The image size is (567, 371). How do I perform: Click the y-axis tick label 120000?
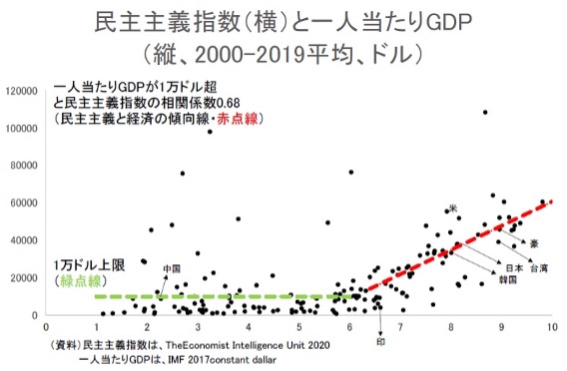pos(21,91)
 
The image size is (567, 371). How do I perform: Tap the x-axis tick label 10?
pos(552,327)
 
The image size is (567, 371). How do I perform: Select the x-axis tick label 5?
pos(299,327)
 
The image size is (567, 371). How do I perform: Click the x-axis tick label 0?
pos(46,327)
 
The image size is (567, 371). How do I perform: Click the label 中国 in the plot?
pos(172,268)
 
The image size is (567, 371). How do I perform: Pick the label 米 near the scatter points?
pos(453,208)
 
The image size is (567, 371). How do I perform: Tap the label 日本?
pos(514,268)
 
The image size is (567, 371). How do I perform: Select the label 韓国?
pos(508,279)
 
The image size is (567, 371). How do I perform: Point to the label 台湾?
pos(539,268)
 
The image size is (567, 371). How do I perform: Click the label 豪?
pos(534,243)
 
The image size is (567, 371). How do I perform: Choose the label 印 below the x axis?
pos(380,341)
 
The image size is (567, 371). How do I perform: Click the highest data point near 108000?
pos(485,113)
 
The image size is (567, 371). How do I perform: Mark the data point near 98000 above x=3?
pos(210,132)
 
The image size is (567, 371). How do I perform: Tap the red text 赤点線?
pos(238,119)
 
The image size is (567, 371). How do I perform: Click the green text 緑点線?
pos(80,280)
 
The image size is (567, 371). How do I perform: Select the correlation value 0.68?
pos(228,103)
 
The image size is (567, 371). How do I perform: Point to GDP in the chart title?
pos(449,23)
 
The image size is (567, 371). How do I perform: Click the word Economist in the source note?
pos(206,345)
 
